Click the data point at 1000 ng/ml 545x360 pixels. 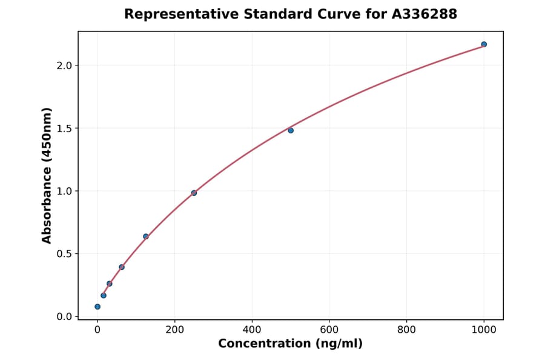click(x=484, y=44)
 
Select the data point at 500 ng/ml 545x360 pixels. click(x=291, y=130)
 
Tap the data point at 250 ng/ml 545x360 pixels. click(x=194, y=193)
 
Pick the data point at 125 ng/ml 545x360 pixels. click(x=146, y=236)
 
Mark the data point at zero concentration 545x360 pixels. click(x=97, y=307)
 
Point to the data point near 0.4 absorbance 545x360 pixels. click(x=122, y=267)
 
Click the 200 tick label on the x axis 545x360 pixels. click(x=174, y=329)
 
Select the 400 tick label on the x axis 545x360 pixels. click(x=252, y=329)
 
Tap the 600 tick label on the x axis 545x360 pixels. click(x=329, y=329)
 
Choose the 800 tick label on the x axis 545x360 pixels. click(x=406, y=329)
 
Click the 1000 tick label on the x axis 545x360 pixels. click(x=484, y=329)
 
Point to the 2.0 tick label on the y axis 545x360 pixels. click(x=64, y=65)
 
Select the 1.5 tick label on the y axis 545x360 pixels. click(x=64, y=128)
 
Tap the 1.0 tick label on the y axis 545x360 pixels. click(x=64, y=191)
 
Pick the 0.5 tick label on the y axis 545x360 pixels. click(x=64, y=254)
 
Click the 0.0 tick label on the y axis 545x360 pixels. click(x=64, y=316)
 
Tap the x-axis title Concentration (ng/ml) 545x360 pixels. click(x=290, y=344)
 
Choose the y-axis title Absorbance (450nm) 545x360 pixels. click(x=47, y=175)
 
